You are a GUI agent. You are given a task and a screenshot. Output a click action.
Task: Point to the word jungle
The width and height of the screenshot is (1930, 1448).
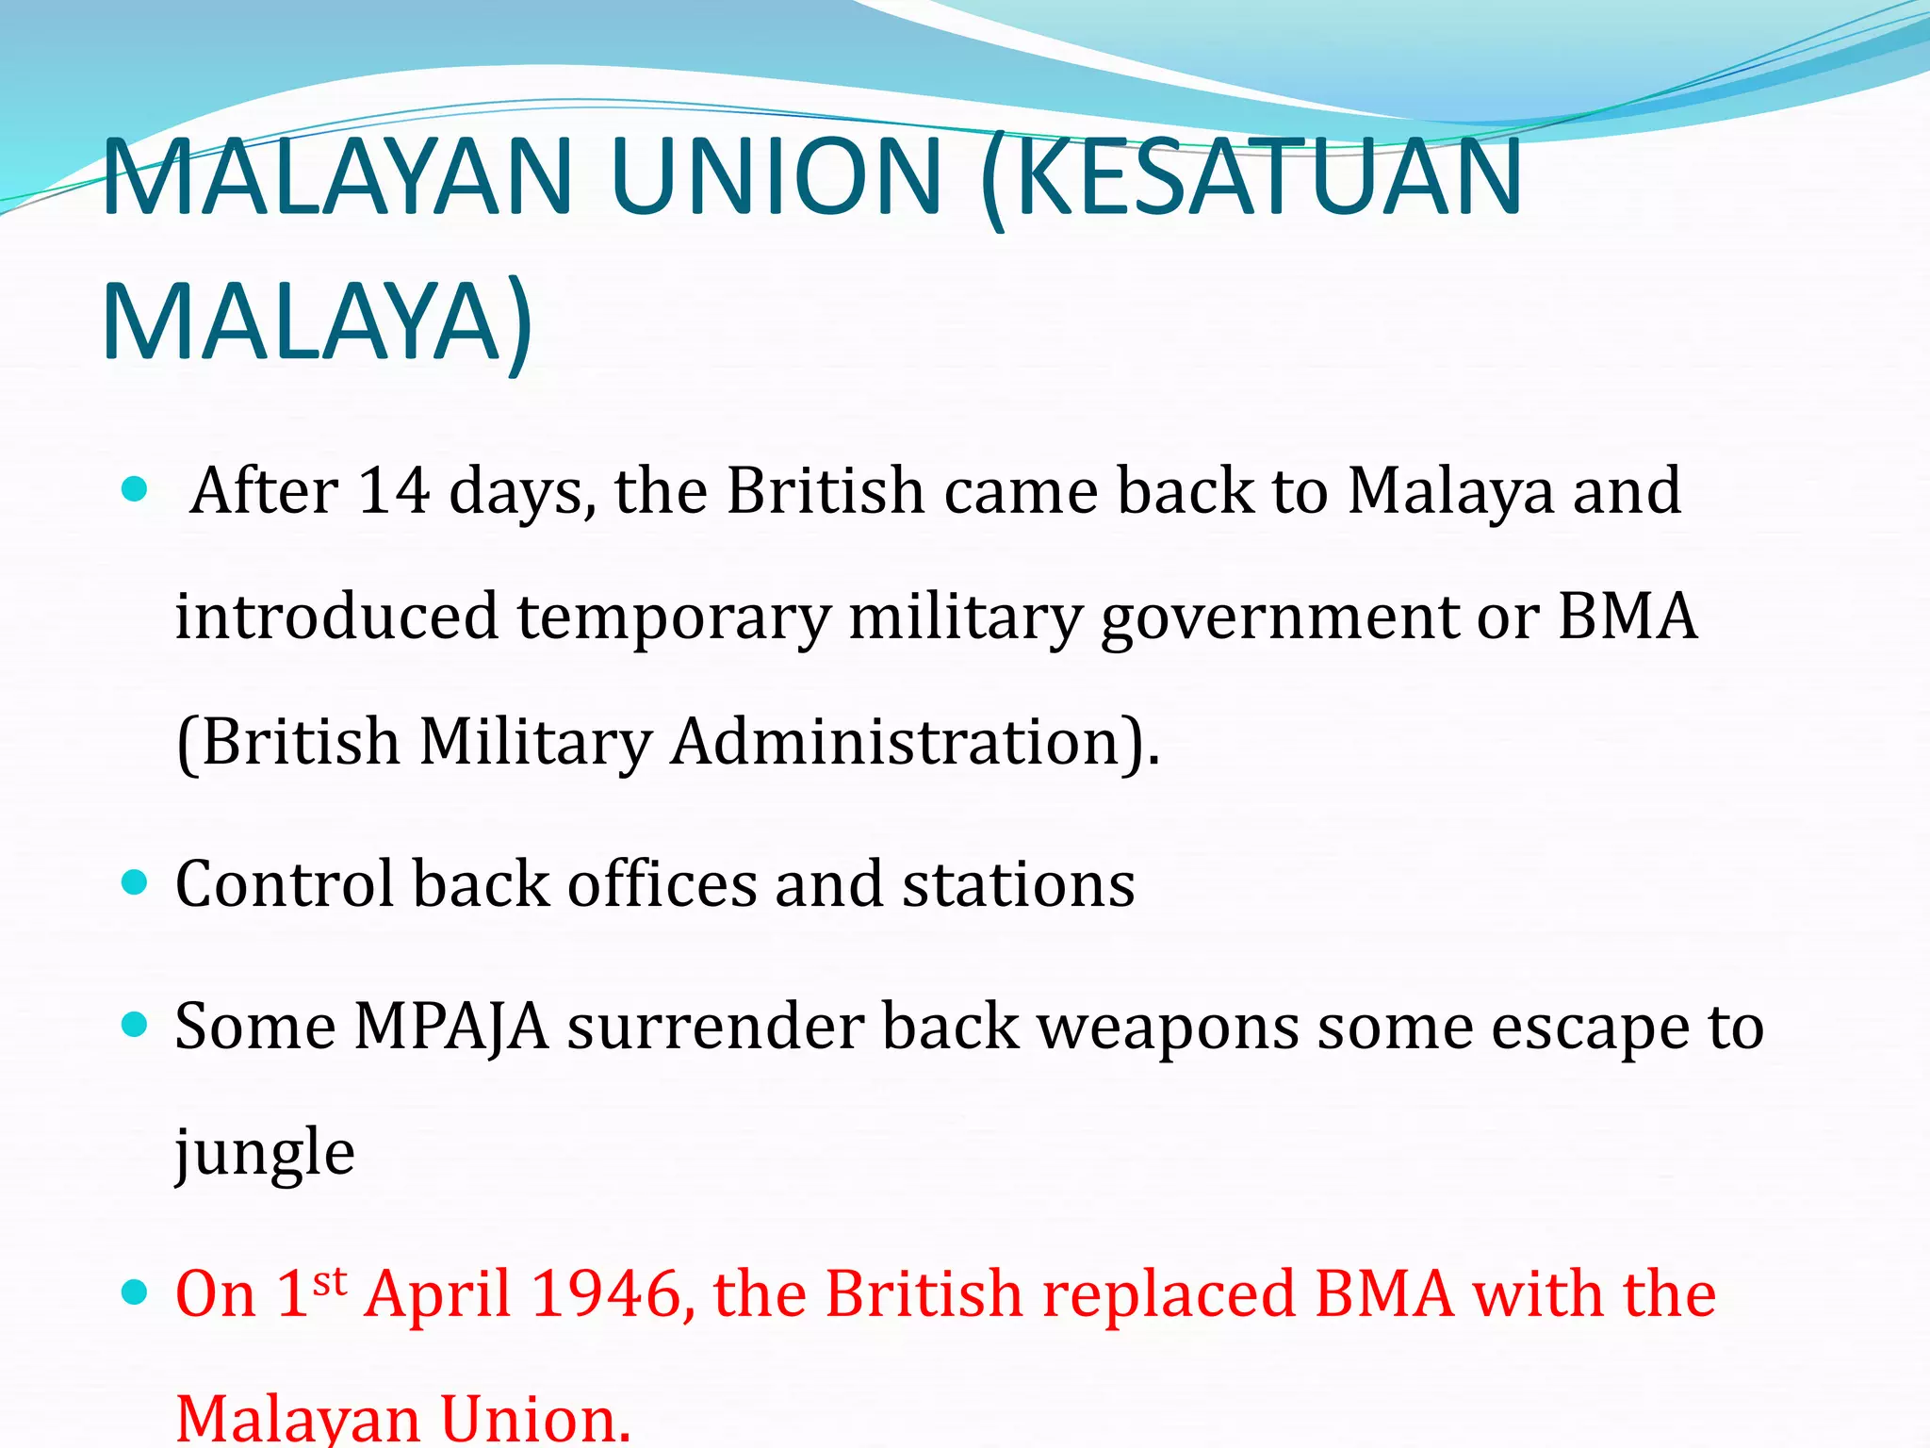(265, 1153)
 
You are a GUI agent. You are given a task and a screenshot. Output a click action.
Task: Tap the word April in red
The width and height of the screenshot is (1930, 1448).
(438, 1293)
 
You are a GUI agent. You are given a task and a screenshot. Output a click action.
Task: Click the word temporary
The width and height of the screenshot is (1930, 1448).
(674, 617)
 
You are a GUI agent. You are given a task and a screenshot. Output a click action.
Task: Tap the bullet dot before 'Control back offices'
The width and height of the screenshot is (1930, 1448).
(136, 882)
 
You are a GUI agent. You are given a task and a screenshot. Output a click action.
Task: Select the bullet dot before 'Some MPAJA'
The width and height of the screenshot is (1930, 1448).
(136, 1024)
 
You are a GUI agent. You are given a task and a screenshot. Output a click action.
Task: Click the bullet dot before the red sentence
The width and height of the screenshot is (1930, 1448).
(136, 1292)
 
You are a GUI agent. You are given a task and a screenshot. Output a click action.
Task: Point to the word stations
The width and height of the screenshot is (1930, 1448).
(1018, 884)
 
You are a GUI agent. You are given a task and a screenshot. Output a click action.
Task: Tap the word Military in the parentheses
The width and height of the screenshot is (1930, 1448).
(535, 742)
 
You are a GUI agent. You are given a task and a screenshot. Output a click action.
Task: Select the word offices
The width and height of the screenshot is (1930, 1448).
(662, 884)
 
